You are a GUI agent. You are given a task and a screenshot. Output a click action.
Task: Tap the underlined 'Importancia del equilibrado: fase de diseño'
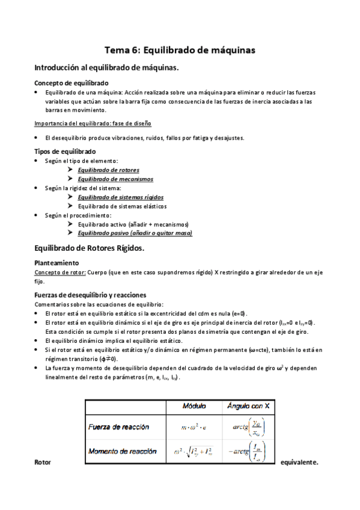(93, 123)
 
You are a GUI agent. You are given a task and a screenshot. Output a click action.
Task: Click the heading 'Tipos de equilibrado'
(65, 152)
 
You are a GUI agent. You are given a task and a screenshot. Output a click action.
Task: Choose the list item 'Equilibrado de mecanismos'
(115, 179)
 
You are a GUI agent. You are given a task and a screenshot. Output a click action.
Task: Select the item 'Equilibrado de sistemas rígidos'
(120, 197)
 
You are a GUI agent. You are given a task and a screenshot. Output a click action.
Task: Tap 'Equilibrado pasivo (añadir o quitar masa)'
(135, 233)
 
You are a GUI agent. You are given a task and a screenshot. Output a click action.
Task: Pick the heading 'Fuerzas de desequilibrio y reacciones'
(91, 295)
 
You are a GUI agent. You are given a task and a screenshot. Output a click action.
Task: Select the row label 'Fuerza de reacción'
(119, 427)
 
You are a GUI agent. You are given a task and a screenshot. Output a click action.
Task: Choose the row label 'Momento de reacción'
(123, 451)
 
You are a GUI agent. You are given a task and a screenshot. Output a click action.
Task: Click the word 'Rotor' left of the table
(43, 463)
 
